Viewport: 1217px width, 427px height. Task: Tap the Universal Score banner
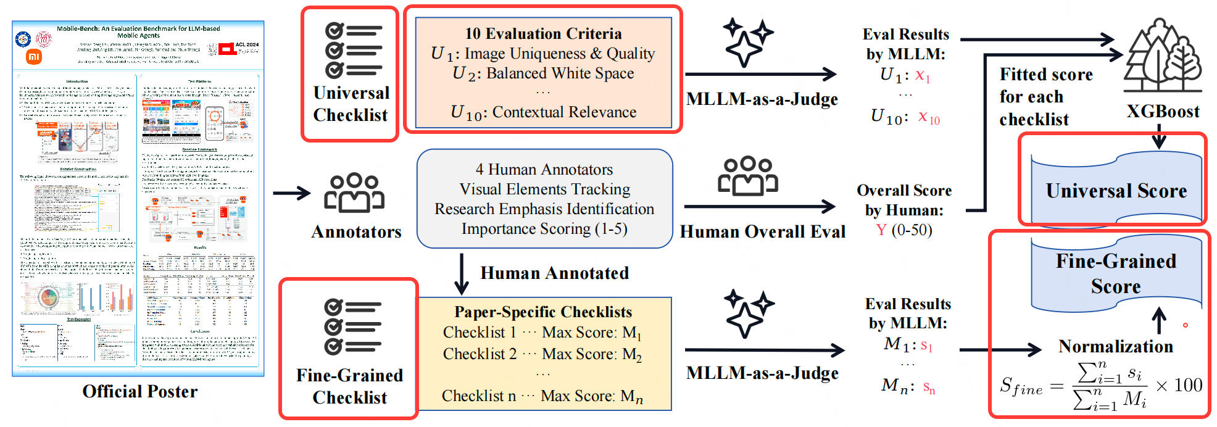1116,190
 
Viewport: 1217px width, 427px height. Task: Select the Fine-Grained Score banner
1116,273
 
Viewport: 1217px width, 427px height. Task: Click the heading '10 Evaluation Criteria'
543,33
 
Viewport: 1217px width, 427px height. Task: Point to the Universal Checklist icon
353,51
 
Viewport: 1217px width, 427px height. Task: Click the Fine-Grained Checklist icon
352,327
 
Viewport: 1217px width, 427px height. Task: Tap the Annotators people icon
354,193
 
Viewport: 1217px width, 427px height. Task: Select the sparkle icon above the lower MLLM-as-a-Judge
747,313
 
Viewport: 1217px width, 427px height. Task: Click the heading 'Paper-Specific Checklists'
543,312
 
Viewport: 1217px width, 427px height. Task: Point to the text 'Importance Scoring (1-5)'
544,229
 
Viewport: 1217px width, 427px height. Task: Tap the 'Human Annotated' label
554,273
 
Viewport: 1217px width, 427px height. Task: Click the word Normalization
1116,346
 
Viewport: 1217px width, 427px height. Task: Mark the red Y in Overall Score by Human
881,230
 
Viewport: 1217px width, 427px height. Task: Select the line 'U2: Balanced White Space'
543,73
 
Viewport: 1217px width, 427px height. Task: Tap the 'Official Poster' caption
140,391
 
